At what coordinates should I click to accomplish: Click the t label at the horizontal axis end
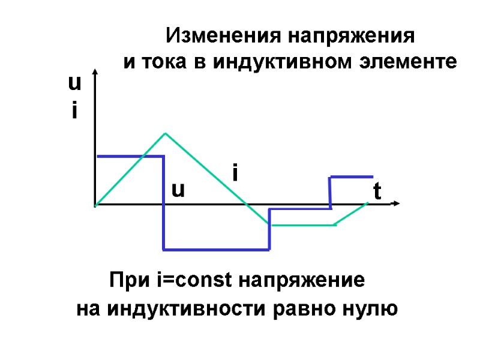pyautogui.click(x=377, y=191)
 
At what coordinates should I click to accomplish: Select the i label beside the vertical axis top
pyautogui.click(x=74, y=110)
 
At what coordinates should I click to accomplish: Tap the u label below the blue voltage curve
pyautogui.click(x=178, y=190)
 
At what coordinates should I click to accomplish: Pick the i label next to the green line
pyautogui.click(x=235, y=173)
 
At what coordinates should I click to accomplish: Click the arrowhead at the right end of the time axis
pyautogui.click(x=395, y=204)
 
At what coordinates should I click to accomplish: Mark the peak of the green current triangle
pyautogui.click(x=166, y=133)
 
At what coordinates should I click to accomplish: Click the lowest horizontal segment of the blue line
pyautogui.click(x=216, y=249)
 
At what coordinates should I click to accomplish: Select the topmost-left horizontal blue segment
pyautogui.click(x=129, y=156)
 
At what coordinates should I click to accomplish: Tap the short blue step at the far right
pyautogui.click(x=351, y=177)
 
